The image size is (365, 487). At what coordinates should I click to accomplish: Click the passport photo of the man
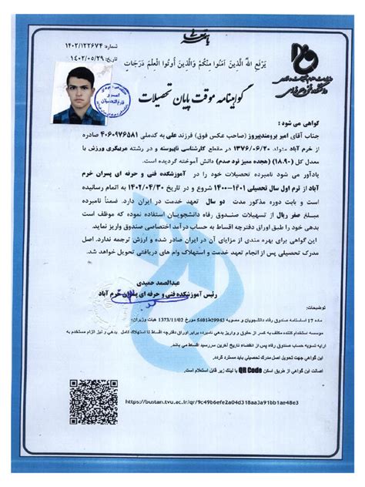pos(79,96)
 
